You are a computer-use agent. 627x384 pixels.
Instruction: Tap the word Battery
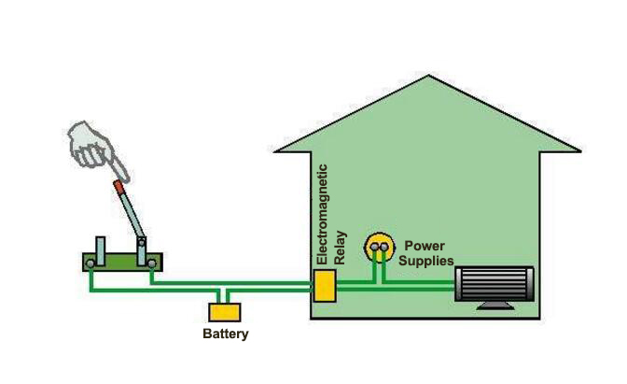pyautogui.click(x=226, y=334)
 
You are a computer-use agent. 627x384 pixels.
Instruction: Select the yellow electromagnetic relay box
pyautogui.click(x=325, y=286)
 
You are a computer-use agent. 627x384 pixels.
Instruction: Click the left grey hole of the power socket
pyautogui.click(x=373, y=248)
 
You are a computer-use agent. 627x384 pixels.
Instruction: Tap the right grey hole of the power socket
pyautogui.click(x=384, y=248)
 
